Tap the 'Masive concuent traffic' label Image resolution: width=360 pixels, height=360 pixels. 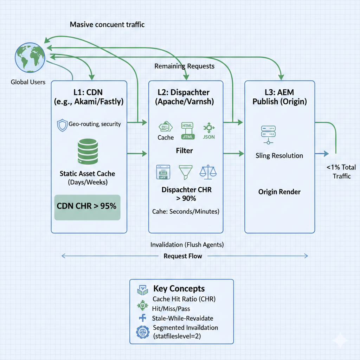click(x=107, y=25)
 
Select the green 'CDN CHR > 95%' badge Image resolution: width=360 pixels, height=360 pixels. click(x=86, y=207)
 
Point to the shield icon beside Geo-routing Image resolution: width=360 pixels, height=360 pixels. click(x=62, y=125)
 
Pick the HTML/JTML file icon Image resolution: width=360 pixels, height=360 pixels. click(x=187, y=131)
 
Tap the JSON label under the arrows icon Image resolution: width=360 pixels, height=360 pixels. click(x=208, y=137)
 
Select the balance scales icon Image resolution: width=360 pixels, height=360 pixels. click(x=208, y=171)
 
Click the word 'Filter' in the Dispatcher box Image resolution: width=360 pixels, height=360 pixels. click(x=184, y=150)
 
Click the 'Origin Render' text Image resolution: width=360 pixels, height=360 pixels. click(x=279, y=192)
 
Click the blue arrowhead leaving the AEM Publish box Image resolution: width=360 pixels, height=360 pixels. click(x=326, y=154)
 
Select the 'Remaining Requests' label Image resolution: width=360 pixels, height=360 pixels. click(x=184, y=66)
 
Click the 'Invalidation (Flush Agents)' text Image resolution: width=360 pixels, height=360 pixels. click(x=187, y=245)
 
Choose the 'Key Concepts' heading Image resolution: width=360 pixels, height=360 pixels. click(x=179, y=289)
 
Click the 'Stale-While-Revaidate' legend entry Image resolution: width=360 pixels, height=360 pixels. click(x=182, y=318)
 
